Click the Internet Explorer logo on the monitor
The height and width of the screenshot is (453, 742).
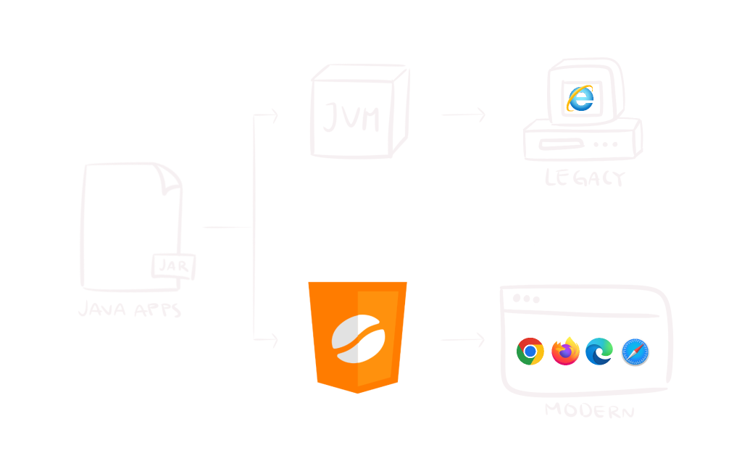580,98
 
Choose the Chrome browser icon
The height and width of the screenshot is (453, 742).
530,352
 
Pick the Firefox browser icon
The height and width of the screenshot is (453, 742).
565,352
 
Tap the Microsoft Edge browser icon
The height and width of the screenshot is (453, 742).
599,352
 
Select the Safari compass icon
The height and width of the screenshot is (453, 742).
635,352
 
